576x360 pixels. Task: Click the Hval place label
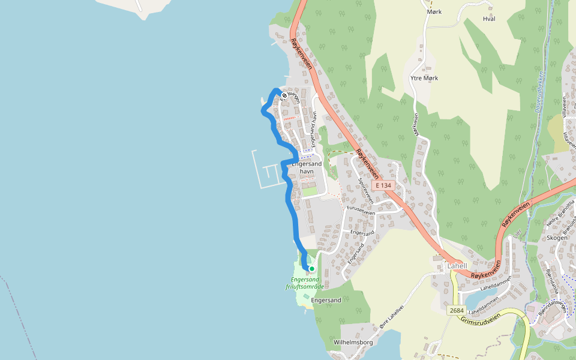489,19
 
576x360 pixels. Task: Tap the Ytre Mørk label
424,78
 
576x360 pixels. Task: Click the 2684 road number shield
456,310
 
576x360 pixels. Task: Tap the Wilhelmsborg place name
353,342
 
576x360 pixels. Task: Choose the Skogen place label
557,238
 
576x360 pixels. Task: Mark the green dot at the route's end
311,269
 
